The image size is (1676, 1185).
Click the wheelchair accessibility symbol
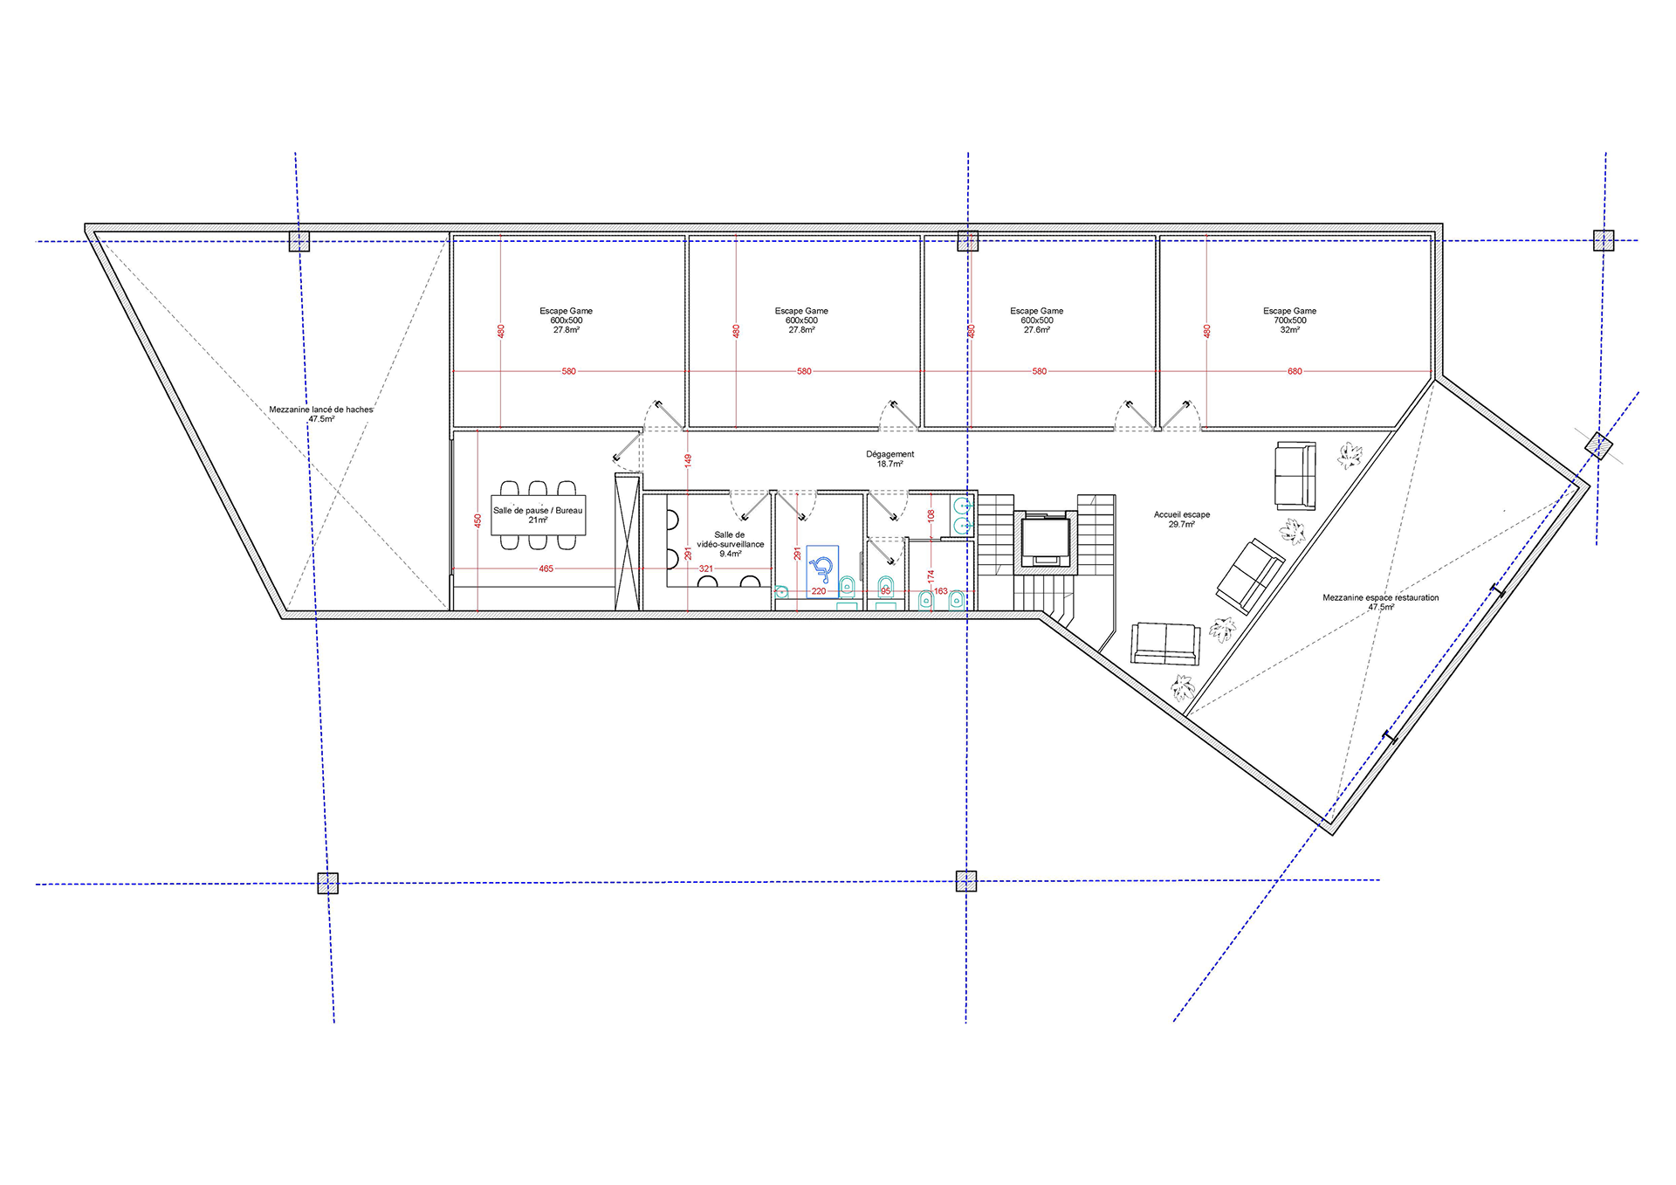click(821, 569)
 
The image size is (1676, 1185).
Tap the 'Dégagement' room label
click(890, 454)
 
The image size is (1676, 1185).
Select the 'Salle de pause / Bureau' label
click(538, 510)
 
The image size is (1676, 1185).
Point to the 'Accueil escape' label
click(1182, 514)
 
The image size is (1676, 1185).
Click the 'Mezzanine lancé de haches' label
click(320, 410)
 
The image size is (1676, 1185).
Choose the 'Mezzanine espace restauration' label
click(1380, 597)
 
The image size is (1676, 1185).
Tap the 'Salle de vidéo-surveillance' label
click(730, 540)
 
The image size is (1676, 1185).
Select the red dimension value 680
click(1295, 371)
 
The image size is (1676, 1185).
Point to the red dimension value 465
click(546, 568)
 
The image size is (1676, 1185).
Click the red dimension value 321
click(705, 568)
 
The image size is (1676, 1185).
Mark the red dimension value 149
click(688, 459)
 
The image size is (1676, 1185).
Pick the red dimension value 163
click(940, 591)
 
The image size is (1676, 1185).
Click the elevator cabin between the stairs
click(1045, 541)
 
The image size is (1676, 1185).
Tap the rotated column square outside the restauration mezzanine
click(1598, 446)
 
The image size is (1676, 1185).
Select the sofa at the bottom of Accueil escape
click(1165, 644)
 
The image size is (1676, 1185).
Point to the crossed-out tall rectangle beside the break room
click(628, 541)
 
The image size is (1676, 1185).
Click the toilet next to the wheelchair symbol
click(846, 585)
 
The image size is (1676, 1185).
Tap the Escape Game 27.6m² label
click(1036, 320)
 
